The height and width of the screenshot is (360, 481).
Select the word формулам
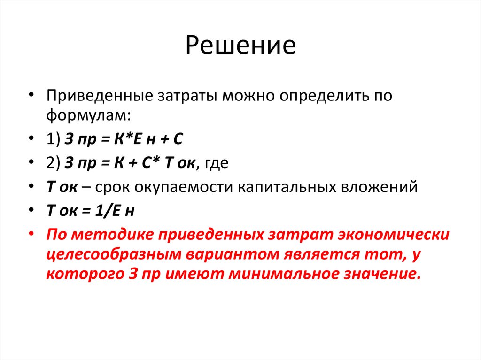pyautogui.click(x=86, y=115)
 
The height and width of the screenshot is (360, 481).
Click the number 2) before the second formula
pyautogui.click(x=53, y=163)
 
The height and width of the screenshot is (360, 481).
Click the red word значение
pyautogui.click(x=387, y=274)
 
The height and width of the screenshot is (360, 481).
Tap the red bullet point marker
pyautogui.click(x=31, y=234)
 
